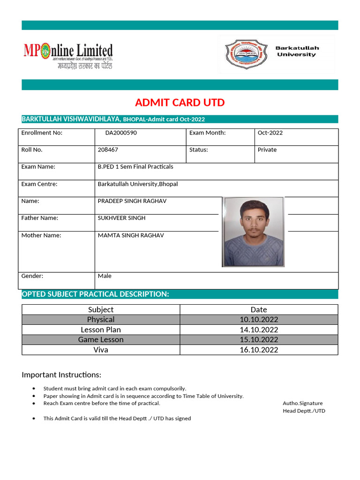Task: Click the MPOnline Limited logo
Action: click(x=68, y=56)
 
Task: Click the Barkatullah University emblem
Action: click(x=243, y=53)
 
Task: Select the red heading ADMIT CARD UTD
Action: click(x=180, y=102)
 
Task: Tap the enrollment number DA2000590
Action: click(x=121, y=133)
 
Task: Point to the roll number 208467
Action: click(x=108, y=150)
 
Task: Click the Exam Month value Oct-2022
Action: click(x=270, y=133)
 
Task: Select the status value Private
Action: click(x=267, y=150)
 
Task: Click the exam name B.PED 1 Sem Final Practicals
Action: click(x=135, y=167)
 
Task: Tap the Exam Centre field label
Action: click(x=39, y=184)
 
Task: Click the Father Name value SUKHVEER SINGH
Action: click(x=121, y=218)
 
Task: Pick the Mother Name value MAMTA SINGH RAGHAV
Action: click(x=131, y=235)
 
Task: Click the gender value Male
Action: click(x=105, y=276)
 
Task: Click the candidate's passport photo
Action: click(x=253, y=232)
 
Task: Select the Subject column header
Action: click(x=101, y=309)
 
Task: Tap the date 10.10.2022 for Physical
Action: click(x=259, y=320)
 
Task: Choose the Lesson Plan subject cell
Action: click(x=101, y=330)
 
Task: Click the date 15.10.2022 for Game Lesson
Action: click(x=259, y=339)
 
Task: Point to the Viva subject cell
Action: click(x=101, y=350)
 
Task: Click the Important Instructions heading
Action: click(x=61, y=375)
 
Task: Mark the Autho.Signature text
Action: click(x=303, y=403)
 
